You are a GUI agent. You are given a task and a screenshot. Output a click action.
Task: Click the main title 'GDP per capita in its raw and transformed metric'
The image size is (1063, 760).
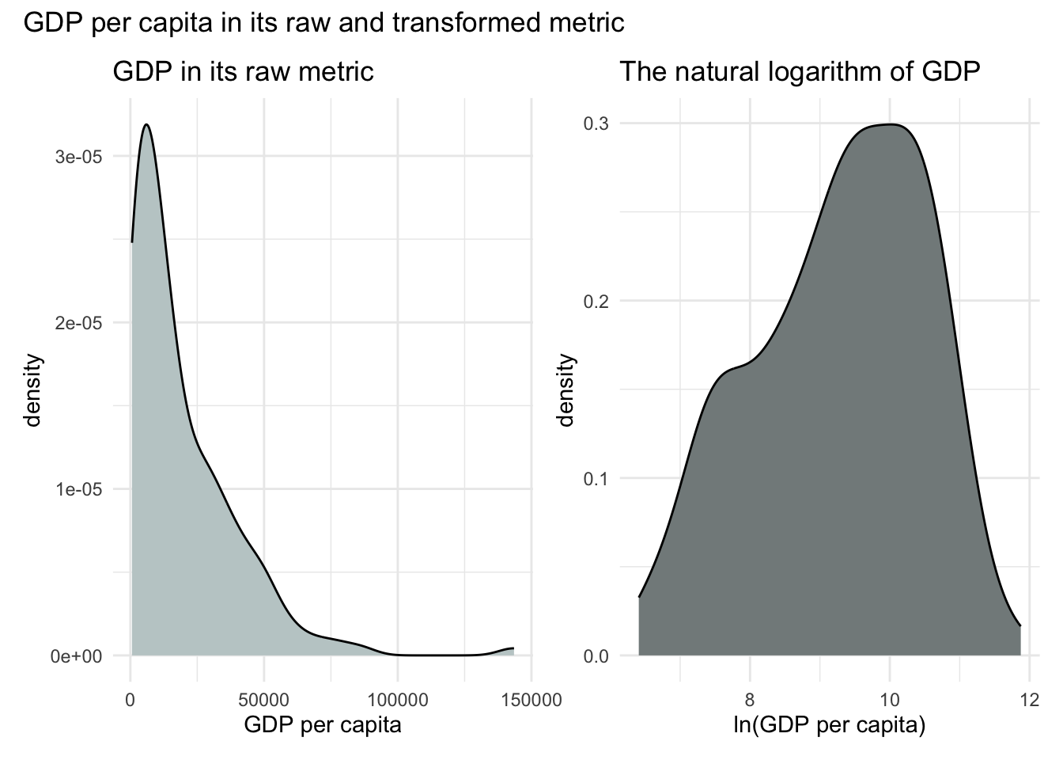coord(324,23)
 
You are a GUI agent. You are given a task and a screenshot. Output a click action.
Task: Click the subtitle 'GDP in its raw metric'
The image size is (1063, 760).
coord(243,72)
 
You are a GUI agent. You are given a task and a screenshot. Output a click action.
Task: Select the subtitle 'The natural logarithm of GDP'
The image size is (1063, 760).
coord(800,72)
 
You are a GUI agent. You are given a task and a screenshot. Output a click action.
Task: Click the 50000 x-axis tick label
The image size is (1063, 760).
coord(264,700)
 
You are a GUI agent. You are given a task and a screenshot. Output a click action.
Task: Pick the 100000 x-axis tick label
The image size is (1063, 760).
coord(398,700)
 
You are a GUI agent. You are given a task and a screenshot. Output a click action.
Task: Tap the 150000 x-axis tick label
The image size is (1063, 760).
coord(531,700)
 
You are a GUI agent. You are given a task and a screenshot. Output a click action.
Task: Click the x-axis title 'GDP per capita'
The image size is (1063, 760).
coord(323,724)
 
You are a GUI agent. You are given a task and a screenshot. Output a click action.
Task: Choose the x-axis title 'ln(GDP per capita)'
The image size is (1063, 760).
coord(829,724)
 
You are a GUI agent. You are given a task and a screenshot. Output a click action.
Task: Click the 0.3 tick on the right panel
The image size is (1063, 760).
coord(596,123)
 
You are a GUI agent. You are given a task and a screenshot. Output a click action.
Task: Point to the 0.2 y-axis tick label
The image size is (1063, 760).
coord(596,302)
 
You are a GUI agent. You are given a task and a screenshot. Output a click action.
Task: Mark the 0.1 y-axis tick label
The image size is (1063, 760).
coord(596,479)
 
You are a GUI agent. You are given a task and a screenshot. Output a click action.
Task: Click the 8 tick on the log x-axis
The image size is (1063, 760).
coord(749,700)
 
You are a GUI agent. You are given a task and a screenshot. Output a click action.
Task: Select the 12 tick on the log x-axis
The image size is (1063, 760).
coord(1029,700)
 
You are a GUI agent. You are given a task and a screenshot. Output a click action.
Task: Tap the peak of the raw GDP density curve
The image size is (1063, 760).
coord(146,124)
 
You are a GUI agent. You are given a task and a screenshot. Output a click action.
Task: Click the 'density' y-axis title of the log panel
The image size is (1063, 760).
coord(566,390)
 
